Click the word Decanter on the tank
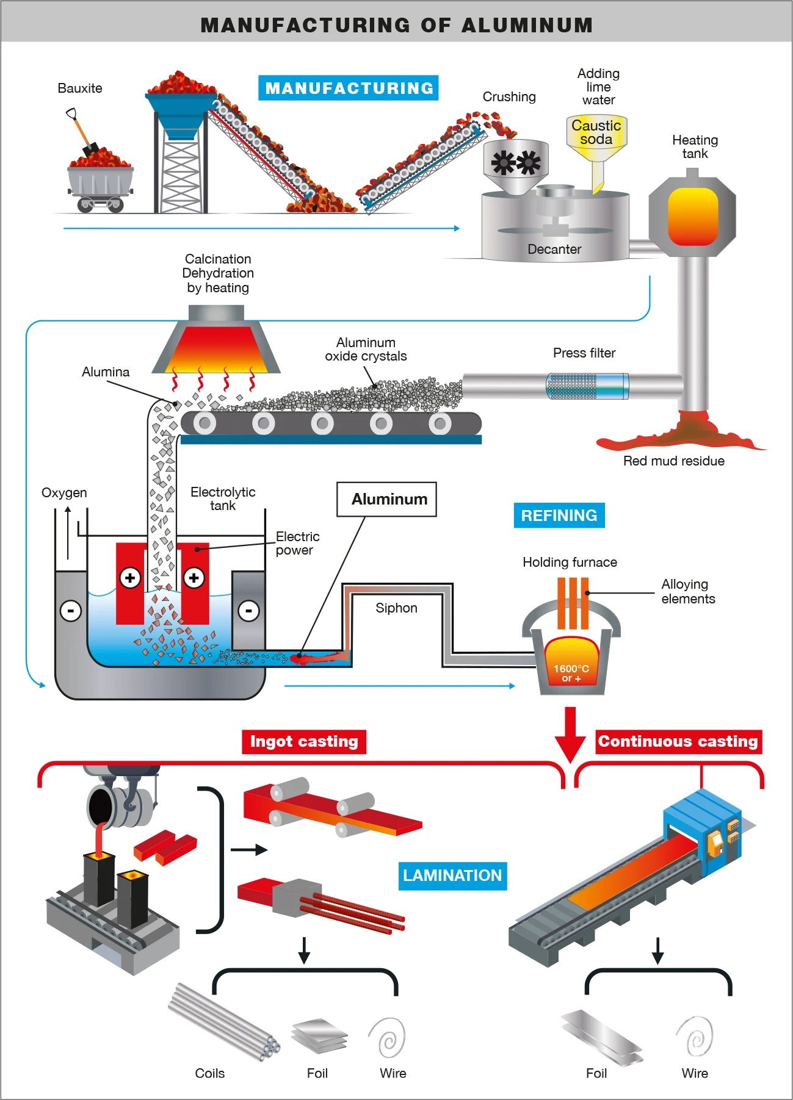tap(554, 249)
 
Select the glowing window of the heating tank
tap(693, 217)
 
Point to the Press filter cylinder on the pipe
tap(587, 386)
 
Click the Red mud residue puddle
tap(678, 436)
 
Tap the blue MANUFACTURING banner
tap(349, 88)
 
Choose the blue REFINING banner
tap(559, 516)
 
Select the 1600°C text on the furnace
tap(571, 669)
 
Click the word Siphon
tap(396, 608)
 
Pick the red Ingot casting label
tap(303, 742)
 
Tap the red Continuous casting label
tap(678, 742)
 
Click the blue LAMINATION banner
tap(452, 875)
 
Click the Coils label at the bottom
tap(209, 1073)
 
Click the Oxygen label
tap(64, 492)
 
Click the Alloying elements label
tap(688, 591)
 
